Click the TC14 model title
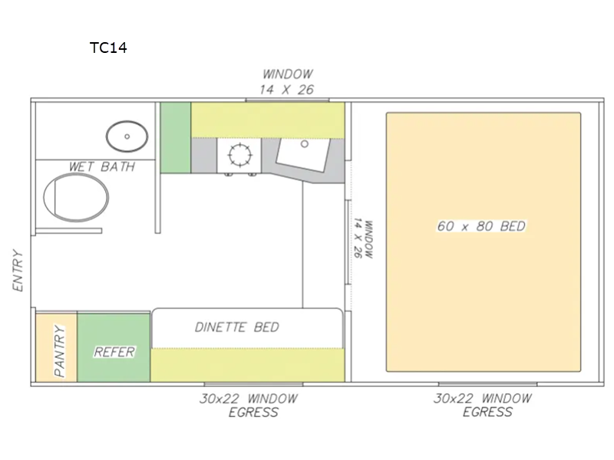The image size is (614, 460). pyautogui.click(x=108, y=48)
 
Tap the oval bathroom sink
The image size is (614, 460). pyautogui.click(x=127, y=136)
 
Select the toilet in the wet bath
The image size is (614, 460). pyautogui.click(x=76, y=197)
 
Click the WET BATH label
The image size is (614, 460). pyautogui.click(x=102, y=166)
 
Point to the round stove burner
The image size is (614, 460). pyautogui.click(x=239, y=155)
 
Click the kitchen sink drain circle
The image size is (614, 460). pyautogui.click(x=304, y=144)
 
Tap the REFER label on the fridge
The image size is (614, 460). pyautogui.click(x=114, y=352)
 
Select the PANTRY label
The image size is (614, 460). pyautogui.click(x=60, y=351)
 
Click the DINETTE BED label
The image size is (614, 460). pyautogui.click(x=237, y=327)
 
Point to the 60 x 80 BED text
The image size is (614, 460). pyautogui.click(x=481, y=226)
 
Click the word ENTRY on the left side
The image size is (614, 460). pyautogui.click(x=18, y=271)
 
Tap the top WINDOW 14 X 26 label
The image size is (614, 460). pyautogui.click(x=287, y=82)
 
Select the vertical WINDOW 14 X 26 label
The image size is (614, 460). pyautogui.click(x=363, y=239)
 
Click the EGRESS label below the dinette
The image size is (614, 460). pyautogui.click(x=253, y=412)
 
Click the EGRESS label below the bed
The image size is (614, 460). pyautogui.click(x=487, y=412)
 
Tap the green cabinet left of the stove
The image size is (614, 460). pyautogui.click(x=176, y=138)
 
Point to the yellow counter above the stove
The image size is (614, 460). pyautogui.click(x=268, y=120)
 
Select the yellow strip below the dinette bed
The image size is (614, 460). pyautogui.click(x=247, y=365)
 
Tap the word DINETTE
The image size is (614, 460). pyautogui.click(x=220, y=327)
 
